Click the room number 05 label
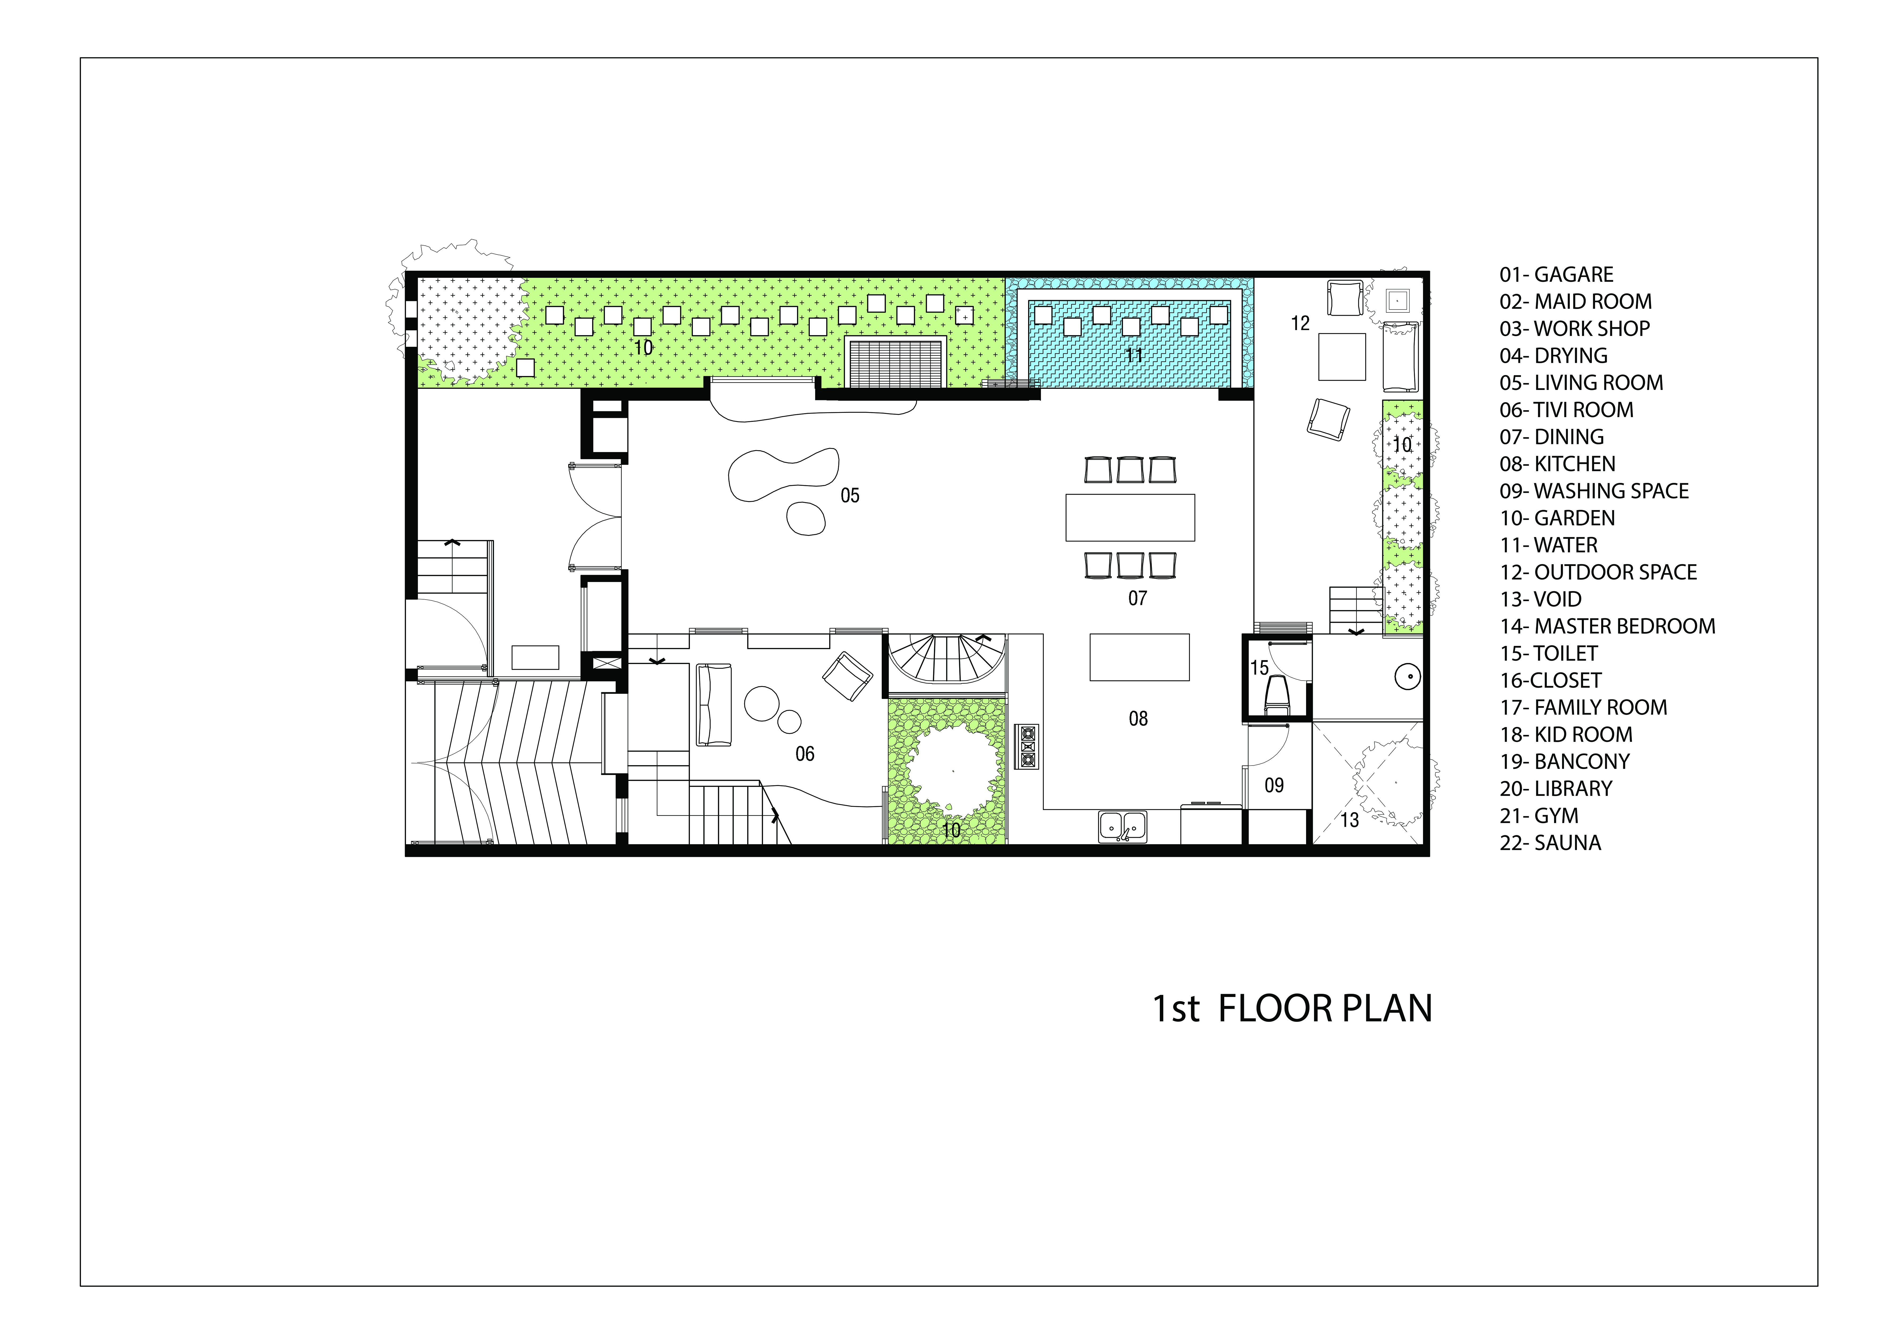click(849, 495)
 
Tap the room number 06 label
click(805, 753)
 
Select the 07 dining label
click(1137, 598)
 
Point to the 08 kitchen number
click(1138, 719)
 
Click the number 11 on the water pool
click(1134, 356)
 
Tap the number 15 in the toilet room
click(1259, 667)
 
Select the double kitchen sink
click(1122, 826)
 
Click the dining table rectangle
click(1130, 517)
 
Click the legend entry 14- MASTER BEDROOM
click(1607, 626)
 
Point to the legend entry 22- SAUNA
click(1550, 843)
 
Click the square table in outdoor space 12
click(1341, 356)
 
